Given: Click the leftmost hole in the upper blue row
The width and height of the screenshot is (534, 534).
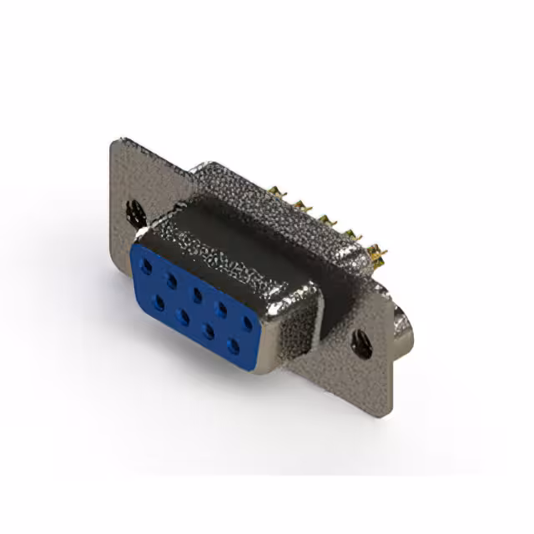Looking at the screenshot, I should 147,266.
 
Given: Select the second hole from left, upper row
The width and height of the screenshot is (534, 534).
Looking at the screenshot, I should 173,280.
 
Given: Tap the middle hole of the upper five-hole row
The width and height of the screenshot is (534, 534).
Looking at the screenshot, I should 198,293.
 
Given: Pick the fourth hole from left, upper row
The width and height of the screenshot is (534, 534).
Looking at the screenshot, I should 223,307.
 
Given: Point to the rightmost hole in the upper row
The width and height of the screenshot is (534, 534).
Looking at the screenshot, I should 248,321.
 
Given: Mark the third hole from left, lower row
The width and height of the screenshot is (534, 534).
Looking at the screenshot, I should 208,330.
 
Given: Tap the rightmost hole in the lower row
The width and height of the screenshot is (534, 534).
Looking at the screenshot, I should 233,345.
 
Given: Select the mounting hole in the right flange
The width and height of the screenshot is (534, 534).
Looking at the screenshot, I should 360,343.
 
